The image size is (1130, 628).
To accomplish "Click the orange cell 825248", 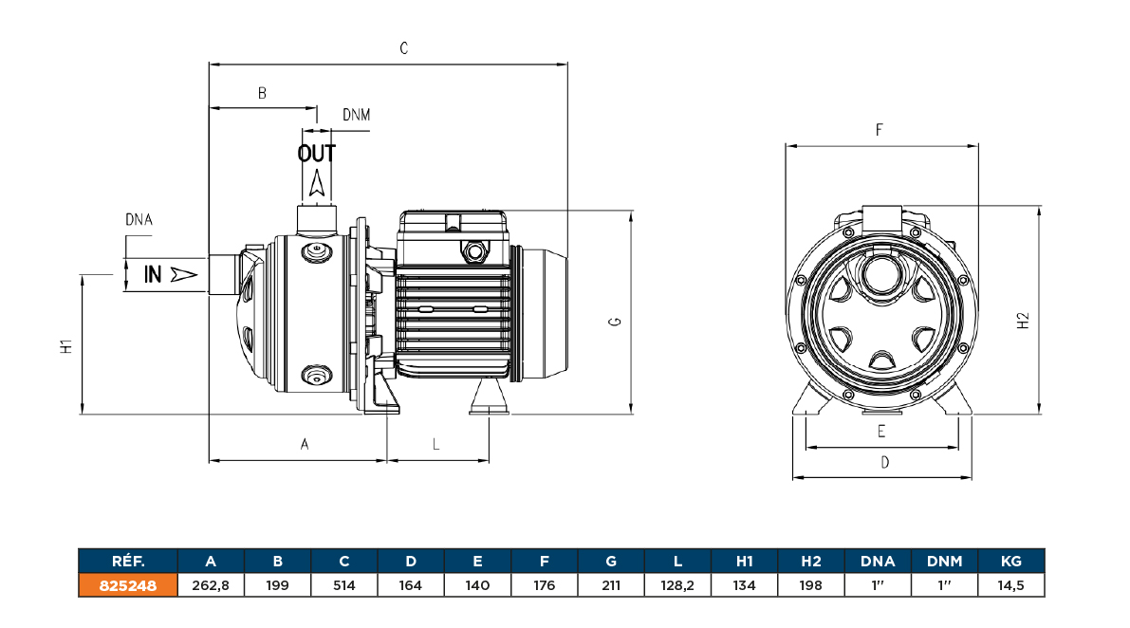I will click(x=127, y=585).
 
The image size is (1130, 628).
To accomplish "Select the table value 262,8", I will click(x=211, y=585).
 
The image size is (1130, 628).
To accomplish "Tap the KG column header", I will click(x=1011, y=562).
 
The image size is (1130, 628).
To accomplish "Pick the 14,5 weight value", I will click(x=1011, y=585).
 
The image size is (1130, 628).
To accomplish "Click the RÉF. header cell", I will click(x=127, y=562).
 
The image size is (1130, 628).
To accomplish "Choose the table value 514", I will click(x=343, y=585).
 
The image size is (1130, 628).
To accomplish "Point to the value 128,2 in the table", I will click(x=677, y=585).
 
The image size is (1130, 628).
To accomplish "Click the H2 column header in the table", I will click(x=810, y=562).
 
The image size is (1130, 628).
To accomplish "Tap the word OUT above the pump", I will click(x=317, y=154).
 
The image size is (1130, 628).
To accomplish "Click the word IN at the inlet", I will click(x=153, y=275).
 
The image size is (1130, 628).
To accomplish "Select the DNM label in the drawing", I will click(x=356, y=116).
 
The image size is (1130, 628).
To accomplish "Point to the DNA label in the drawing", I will click(x=139, y=220).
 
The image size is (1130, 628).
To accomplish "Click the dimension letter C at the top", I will click(x=403, y=48).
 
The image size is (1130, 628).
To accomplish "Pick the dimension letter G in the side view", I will click(x=616, y=323).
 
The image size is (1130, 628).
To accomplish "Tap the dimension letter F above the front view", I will click(x=880, y=130).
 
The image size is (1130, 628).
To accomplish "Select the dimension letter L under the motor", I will click(x=436, y=444).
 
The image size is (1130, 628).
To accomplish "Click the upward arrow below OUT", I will click(x=318, y=183).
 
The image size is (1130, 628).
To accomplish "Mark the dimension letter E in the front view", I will click(x=881, y=432).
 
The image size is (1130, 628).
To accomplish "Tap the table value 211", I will click(x=611, y=585).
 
